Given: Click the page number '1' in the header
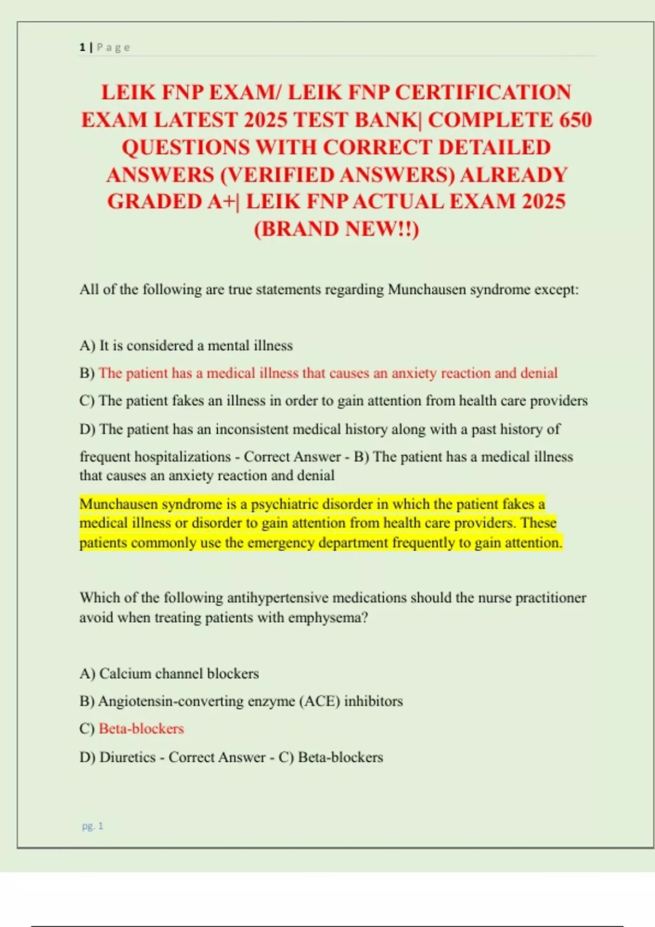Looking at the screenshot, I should click(82, 47).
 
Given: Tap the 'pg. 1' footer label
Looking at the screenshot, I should click(92, 826).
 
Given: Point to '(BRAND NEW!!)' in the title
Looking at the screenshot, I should click(336, 229).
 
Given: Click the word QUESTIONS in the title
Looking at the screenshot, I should click(185, 147).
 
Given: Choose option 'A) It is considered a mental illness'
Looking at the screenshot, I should click(186, 346).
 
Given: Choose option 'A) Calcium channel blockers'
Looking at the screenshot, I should click(169, 673).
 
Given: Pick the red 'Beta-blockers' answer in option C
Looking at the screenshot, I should click(141, 729).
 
